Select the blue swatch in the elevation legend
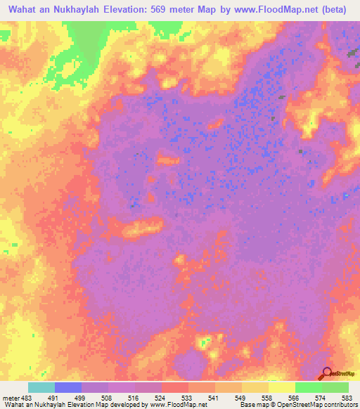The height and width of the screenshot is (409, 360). tap(68, 387)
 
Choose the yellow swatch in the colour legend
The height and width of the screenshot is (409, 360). tap(281, 387)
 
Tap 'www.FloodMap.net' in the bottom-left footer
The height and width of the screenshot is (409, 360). tap(173, 405)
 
